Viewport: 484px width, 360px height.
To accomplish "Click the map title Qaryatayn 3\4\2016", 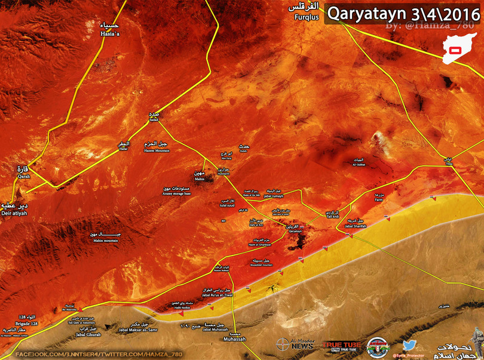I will tap(403, 13).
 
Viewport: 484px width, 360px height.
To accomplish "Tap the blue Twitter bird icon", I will tap(409, 345).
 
